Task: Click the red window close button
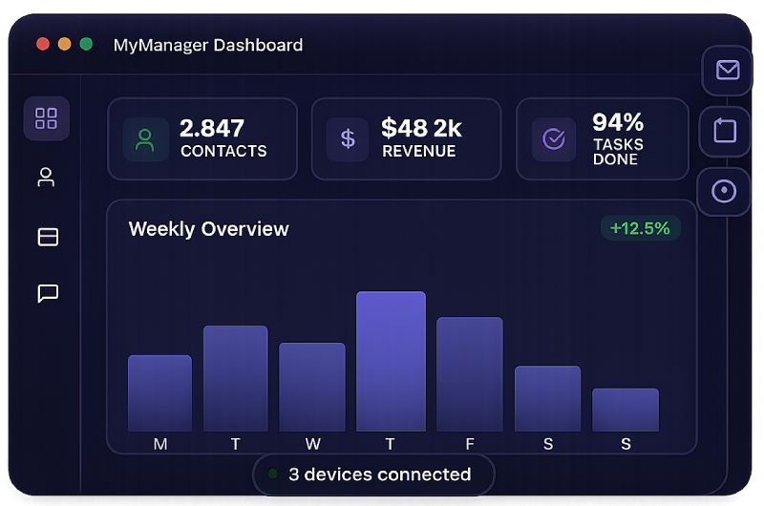(43, 44)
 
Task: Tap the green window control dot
(86, 44)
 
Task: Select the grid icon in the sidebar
(46, 118)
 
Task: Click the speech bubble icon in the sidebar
(48, 294)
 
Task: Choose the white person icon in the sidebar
(46, 178)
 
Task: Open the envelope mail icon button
(728, 70)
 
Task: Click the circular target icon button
(724, 191)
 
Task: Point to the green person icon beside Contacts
(145, 139)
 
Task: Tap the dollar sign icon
(348, 138)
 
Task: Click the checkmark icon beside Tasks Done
(554, 138)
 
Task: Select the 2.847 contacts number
(212, 128)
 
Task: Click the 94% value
(618, 122)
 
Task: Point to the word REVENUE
(419, 151)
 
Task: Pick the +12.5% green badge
(640, 228)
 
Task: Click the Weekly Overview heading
(208, 229)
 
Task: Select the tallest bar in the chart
(391, 361)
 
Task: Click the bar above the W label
(312, 387)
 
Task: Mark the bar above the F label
(470, 374)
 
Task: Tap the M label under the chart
(160, 444)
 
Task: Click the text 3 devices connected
(379, 474)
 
